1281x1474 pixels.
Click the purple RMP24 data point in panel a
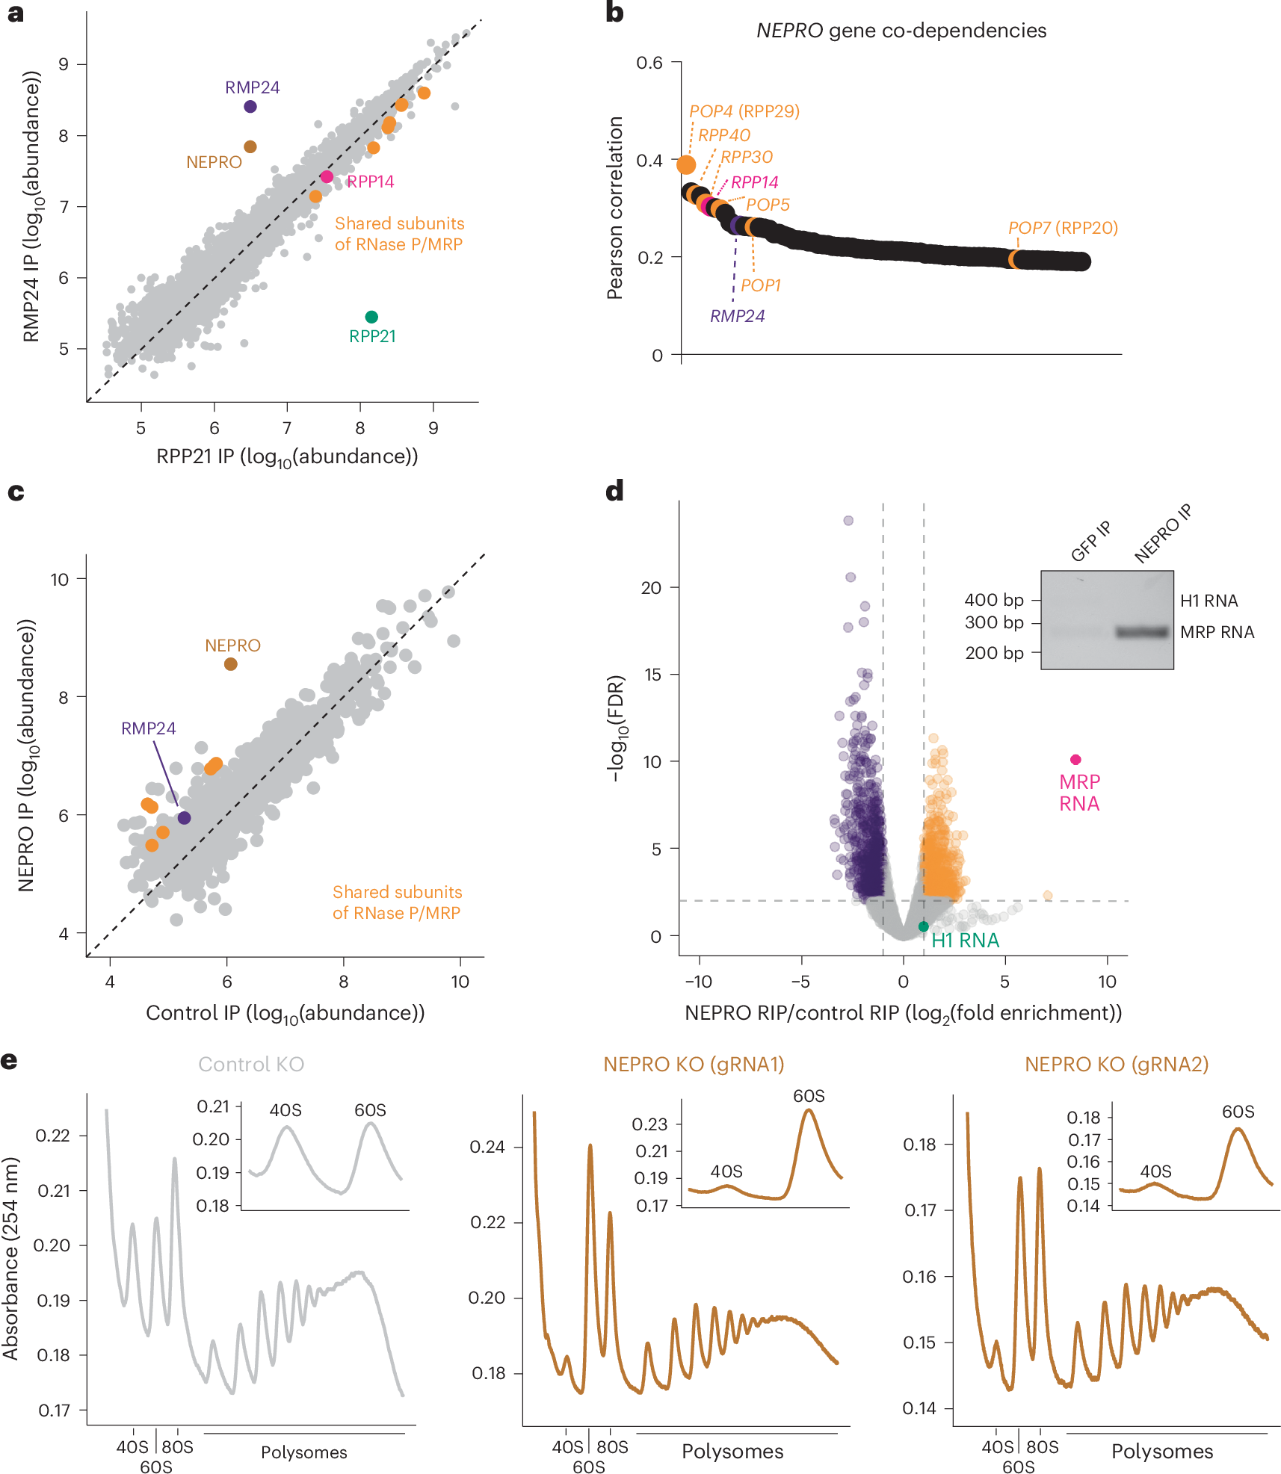point(250,107)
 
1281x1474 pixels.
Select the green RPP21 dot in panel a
point(371,317)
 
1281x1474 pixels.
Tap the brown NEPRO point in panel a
point(250,147)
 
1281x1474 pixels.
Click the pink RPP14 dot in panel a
point(327,177)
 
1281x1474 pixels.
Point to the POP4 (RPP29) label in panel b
point(744,111)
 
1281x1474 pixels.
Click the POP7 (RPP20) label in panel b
point(1063,228)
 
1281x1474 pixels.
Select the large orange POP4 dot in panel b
point(686,164)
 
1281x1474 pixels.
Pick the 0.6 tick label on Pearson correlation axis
point(649,63)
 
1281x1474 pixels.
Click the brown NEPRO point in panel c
point(231,664)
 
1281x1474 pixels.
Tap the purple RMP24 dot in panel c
point(184,818)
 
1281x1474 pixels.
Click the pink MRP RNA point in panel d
point(1075,760)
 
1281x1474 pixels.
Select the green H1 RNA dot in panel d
point(924,926)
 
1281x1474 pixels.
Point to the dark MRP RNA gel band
point(1142,632)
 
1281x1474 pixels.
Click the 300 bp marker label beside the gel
point(994,622)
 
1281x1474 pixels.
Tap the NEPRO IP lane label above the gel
point(1162,533)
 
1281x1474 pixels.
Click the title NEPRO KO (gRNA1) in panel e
point(694,1065)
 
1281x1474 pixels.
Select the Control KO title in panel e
point(251,1065)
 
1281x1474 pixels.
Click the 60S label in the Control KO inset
point(370,1110)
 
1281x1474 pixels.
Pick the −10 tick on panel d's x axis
point(699,982)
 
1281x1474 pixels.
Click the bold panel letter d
point(614,492)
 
